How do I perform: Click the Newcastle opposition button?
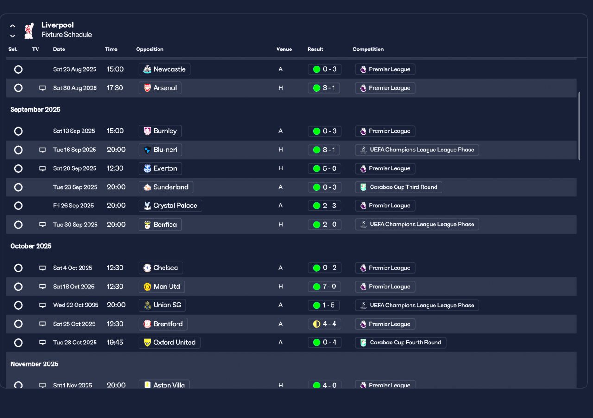164,69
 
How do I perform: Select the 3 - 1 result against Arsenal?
324,88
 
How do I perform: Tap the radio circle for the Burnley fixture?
19,131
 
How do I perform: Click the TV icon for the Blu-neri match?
43,150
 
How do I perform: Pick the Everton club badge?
147,168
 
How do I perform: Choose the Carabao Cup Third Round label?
398,187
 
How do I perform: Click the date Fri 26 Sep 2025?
73,206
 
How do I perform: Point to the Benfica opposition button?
160,225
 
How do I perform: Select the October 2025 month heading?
31,246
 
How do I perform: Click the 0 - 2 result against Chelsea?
324,268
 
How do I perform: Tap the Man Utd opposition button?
162,287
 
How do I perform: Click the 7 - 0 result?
324,287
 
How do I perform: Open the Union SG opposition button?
162,305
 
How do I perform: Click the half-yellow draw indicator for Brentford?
316,324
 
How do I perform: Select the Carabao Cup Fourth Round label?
400,343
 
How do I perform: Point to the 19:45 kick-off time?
115,343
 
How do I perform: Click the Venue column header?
284,50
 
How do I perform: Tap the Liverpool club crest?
29,30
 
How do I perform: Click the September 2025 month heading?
35,110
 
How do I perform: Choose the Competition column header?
368,50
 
